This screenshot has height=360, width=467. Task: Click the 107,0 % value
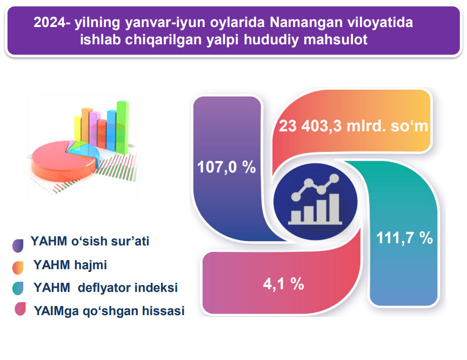pyautogui.click(x=226, y=166)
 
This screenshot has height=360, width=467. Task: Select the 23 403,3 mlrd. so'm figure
pyautogui.click(x=353, y=126)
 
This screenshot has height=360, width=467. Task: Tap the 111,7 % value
pyautogui.click(x=404, y=238)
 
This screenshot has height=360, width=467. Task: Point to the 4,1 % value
pyautogui.click(x=283, y=284)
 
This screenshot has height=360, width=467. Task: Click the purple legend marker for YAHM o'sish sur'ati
pyautogui.click(x=18, y=245)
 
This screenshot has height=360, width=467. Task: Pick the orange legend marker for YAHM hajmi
pyautogui.click(x=18, y=268)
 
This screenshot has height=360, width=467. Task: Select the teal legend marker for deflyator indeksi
pyautogui.click(x=18, y=288)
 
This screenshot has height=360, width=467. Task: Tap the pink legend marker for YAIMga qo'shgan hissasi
pyautogui.click(x=20, y=309)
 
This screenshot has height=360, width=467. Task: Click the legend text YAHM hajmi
pyautogui.click(x=70, y=265)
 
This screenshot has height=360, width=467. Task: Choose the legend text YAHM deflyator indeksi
pyautogui.click(x=105, y=288)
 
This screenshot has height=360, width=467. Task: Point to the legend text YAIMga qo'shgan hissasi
pyautogui.click(x=109, y=311)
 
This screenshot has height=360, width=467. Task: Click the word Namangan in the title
pyautogui.click(x=299, y=23)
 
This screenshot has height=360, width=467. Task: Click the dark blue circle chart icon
pyautogui.click(x=316, y=202)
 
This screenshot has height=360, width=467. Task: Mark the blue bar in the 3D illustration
pyautogui.click(x=111, y=130)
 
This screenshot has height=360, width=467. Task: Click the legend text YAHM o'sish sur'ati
pyautogui.click(x=90, y=242)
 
